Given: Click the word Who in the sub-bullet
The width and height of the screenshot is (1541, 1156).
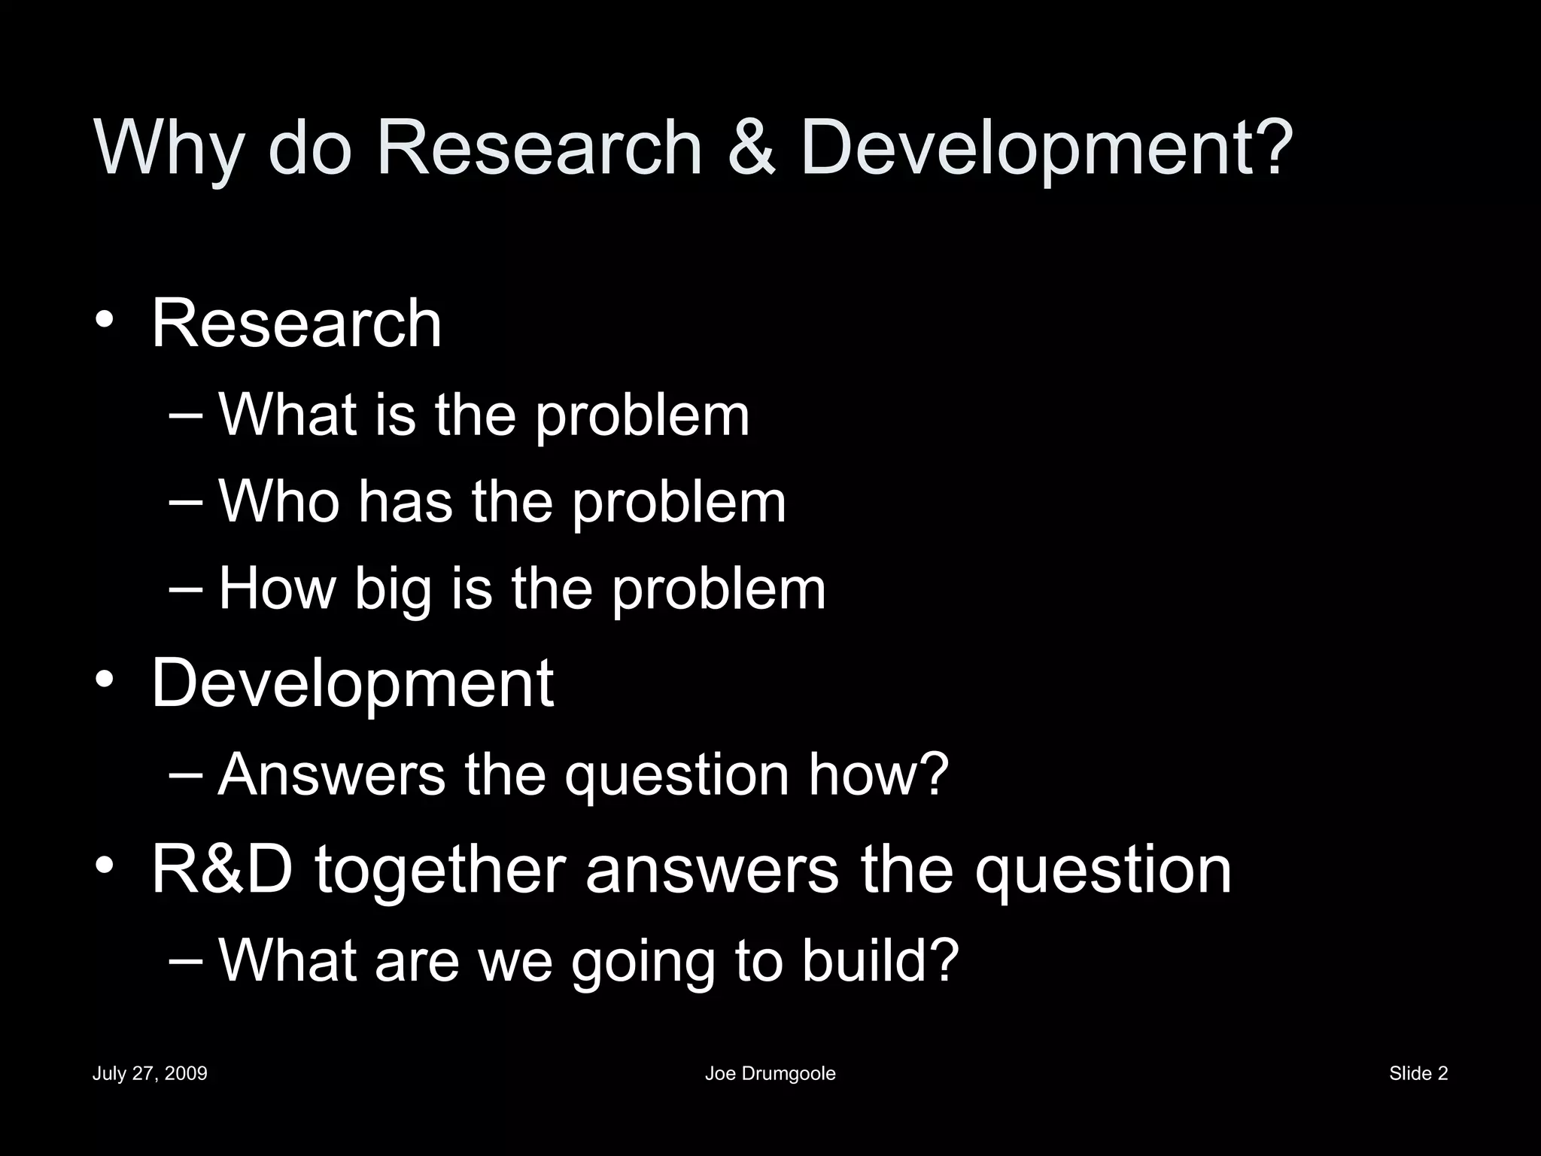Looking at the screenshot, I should (278, 501).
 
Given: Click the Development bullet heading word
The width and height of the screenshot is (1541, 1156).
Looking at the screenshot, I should (352, 683).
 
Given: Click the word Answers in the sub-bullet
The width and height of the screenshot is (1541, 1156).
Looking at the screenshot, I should (331, 774).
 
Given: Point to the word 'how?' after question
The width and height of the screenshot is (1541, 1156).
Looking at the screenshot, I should (878, 774).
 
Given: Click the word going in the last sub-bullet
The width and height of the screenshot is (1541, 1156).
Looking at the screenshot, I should (643, 963).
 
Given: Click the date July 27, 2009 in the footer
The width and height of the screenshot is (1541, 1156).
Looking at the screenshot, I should (150, 1073).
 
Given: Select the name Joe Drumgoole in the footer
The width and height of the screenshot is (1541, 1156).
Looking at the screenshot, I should (770, 1074).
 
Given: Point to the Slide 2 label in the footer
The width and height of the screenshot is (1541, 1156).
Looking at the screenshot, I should (1418, 1073).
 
